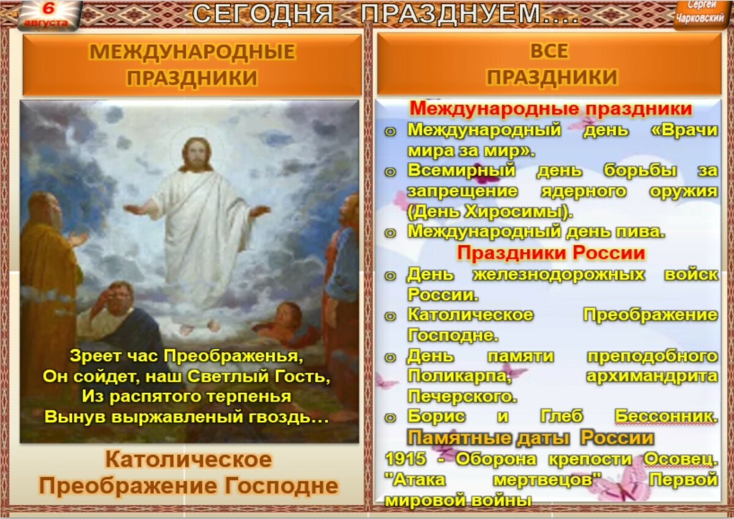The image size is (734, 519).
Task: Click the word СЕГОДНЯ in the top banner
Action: coord(263,14)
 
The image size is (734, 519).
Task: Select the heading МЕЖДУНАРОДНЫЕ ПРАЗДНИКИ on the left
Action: coord(192,65)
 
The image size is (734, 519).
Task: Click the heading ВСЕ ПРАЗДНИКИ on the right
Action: coord(549,65)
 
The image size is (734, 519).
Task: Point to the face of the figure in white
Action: coord(196,155)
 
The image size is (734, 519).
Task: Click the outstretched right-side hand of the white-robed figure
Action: coord(260,211)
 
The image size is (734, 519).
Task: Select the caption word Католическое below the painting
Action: coord(188,460)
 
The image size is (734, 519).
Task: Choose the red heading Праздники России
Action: coord(551,253)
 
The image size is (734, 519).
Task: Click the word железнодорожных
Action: coord(558,274)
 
